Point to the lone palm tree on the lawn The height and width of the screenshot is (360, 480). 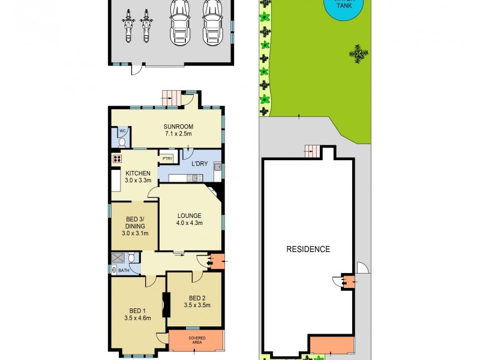(358, 53)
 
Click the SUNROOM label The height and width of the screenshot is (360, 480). (178, 127)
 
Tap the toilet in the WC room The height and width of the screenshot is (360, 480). (122, 143)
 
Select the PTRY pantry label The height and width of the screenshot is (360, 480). (166, 158)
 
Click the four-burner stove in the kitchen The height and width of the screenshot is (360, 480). (116, 159)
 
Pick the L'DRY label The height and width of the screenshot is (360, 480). (199, 164)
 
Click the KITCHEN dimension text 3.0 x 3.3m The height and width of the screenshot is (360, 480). (137, 181)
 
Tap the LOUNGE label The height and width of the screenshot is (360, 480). (189, 215)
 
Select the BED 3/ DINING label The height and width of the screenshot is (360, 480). (135, 223)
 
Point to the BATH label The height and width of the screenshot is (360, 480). (123, 271)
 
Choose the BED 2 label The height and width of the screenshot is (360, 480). (197, 298)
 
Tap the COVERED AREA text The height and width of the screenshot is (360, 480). (197, 340)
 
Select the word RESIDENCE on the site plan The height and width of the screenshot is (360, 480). (308, 249)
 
